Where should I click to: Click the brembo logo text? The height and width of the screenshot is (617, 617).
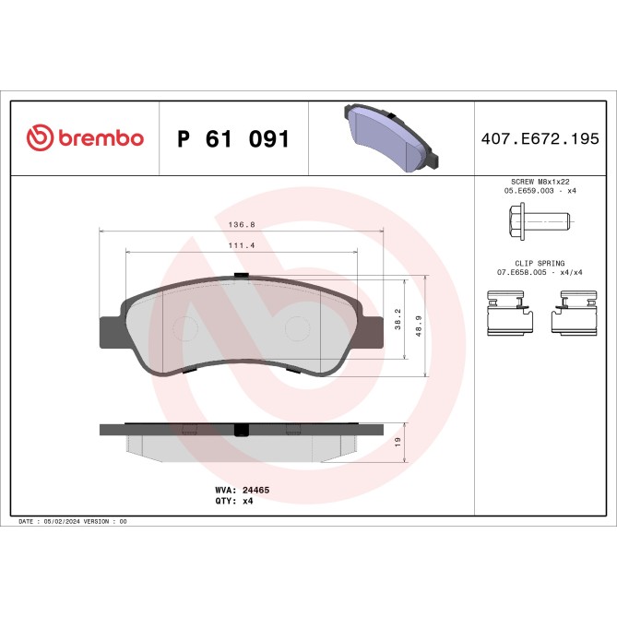(101, 139)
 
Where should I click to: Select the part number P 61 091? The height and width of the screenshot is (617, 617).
(233, 139)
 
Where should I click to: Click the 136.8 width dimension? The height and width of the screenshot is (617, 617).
(242, 222)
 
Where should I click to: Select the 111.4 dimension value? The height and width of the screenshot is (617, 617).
(242, 246)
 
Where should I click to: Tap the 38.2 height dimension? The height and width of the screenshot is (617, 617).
(398, 319)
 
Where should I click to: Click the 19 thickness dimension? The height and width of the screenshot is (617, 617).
(397, 443)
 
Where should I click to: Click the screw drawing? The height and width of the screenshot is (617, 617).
(540, 220)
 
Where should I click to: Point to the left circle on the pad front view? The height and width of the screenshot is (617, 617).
(185, 329)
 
